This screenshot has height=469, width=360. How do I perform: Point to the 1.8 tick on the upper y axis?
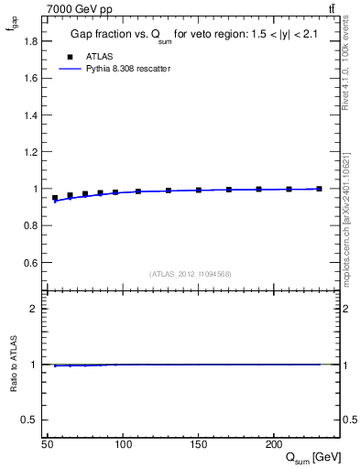pos(31,40)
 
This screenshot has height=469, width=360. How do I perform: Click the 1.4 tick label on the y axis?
pos(31,115)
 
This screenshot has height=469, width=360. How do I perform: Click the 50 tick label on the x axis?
pos(48,444)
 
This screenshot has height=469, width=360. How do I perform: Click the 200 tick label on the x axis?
pos(273,444)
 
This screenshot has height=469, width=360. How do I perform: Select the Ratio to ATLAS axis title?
pos(13,364)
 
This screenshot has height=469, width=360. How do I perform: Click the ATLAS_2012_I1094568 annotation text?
pos(190,274)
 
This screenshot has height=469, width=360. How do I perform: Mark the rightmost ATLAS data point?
pos(319,189)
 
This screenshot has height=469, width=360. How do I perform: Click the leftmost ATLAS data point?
pos(55,198)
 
